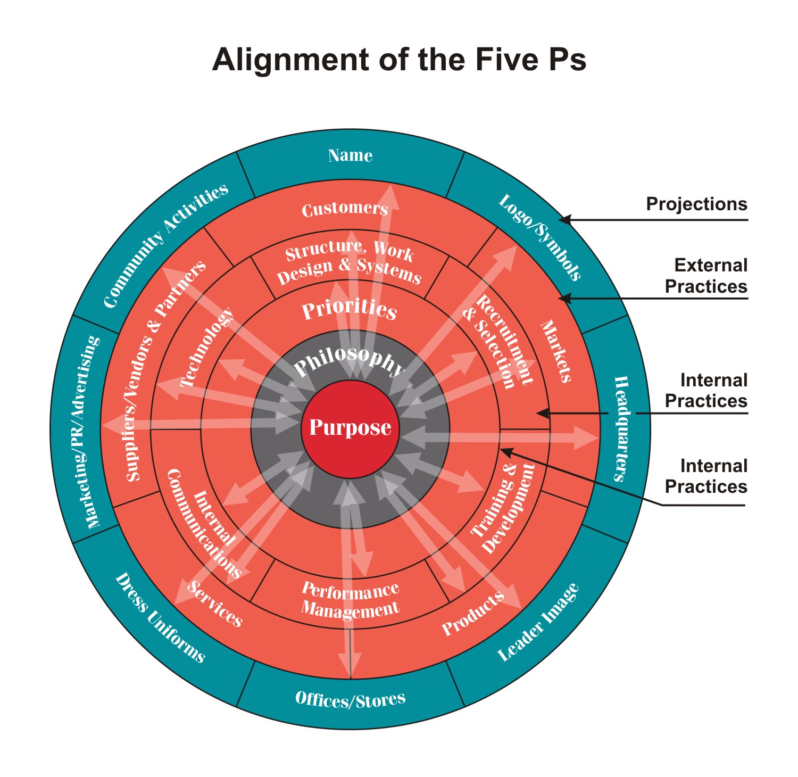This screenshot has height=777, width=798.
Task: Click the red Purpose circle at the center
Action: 350,428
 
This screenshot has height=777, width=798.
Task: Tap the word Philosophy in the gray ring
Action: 350,361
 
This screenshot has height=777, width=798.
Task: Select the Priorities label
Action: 350,309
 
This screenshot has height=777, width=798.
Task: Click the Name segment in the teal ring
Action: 350,155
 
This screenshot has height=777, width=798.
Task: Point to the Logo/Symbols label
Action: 539,237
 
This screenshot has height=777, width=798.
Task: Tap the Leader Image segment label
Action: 538,623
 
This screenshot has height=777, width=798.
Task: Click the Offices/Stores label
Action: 350,699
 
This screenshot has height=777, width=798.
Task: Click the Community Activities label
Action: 165,246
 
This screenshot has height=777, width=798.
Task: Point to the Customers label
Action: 345,209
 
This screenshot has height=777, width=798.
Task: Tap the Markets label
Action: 556,351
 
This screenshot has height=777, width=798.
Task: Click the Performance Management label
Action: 350,599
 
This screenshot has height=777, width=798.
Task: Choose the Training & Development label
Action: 503,508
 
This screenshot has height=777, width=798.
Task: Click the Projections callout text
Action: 696,204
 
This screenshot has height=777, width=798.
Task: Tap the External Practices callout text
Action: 706,276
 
